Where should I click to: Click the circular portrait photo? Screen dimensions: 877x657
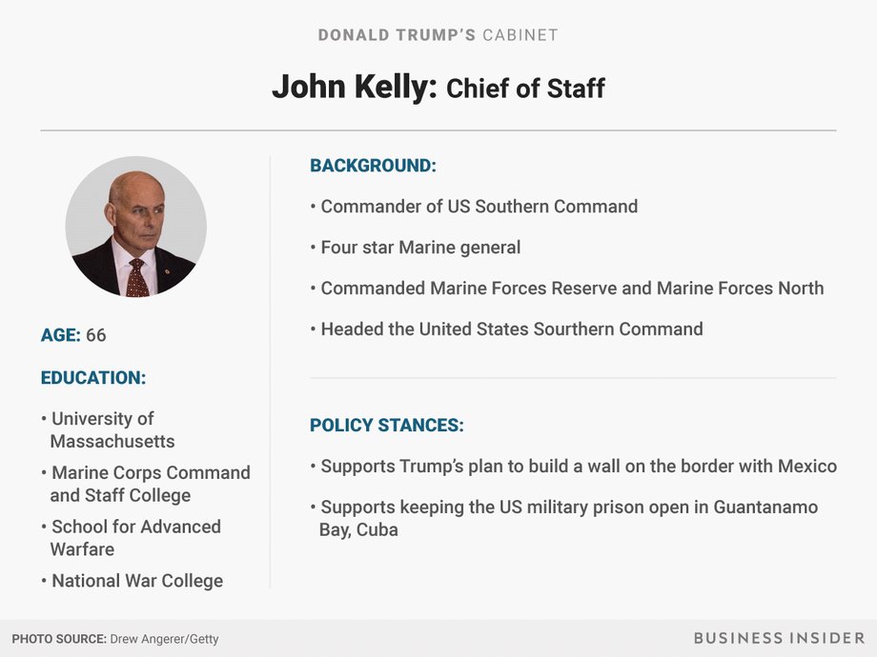pos(136,227)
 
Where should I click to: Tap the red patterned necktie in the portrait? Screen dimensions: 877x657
pos(137,278)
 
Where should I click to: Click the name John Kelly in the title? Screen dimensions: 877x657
pos(354,88)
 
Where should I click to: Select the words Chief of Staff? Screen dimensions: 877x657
pos(525,89)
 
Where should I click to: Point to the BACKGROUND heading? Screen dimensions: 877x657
pos(373,166)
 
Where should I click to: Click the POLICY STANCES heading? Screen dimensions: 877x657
pos(387,426)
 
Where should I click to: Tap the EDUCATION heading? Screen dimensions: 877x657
pos(93,378)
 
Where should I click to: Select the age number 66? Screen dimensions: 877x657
pos(95,335)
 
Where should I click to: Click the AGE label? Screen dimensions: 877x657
pos(60,335)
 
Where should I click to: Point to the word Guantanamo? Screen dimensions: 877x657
pos(765,508)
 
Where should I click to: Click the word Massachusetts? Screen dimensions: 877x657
pos(112,442)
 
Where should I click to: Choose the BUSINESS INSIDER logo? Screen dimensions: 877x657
pos(779,638)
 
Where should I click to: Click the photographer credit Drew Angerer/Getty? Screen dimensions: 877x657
pos(164,639)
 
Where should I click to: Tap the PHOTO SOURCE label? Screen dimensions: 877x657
pos(59,639)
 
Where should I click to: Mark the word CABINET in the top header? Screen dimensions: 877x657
pos(520,35)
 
